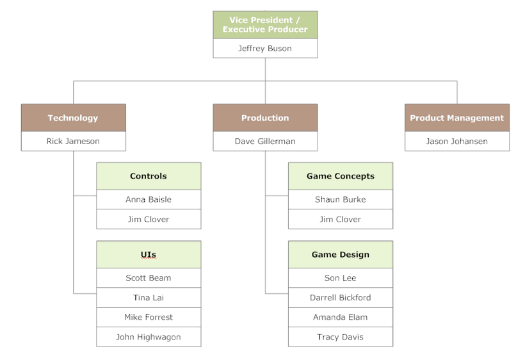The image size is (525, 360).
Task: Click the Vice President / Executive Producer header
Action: tap(265, 25)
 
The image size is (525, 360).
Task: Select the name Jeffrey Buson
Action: tap(265, 49)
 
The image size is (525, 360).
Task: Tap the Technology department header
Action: tap(73, 118)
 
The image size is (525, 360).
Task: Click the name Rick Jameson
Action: tap(73, 142)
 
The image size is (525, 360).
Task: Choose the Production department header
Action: tap(265, 118)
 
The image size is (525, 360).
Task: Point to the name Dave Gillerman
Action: tap(265, 142)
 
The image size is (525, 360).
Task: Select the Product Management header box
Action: tap(456, 118)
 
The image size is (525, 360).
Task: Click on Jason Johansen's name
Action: tap(456, 142)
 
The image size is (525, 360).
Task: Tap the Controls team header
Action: tap(149, 176)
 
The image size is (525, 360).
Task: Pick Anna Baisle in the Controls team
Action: tap(149, 200)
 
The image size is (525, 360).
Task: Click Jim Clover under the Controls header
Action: tap(149, 219)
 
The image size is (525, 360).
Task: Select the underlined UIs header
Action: tap(149, 255)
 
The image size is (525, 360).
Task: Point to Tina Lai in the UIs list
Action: tap(149, 298)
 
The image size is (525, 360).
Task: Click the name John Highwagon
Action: tap(149, 337)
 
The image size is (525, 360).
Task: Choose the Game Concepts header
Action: tap(341, 176)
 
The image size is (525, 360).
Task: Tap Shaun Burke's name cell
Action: tap(341, 200)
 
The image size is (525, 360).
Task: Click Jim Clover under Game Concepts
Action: tap(341, 219)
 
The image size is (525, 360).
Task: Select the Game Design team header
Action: tap(341, 255)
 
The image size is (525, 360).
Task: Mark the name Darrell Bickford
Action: tap(341, 298)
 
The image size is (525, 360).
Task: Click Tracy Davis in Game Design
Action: tap(341, 337)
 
